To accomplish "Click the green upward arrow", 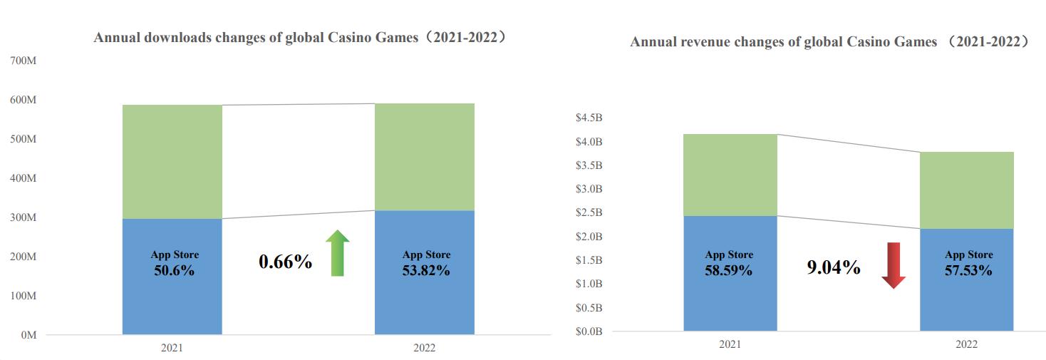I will (x=337, y=253).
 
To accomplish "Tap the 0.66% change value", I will (x=285, y=262).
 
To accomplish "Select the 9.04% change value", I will (x=834, y=268).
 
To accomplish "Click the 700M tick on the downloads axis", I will (x=24, y=61).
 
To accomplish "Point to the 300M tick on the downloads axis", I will (x=24, y=217).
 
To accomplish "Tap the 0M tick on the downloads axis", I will (x=29, y=334).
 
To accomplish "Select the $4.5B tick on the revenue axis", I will (x=589, y=118).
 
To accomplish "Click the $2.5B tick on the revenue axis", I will (x=589, y=212).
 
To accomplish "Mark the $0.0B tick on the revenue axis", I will (x=589, y=331).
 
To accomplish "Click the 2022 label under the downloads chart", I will (x=424, y=349).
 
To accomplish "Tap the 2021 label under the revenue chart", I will (x=730, y=345).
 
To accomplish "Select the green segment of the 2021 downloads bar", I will (x=172, y=162).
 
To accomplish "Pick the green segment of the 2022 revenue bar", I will (x=966, y=190).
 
